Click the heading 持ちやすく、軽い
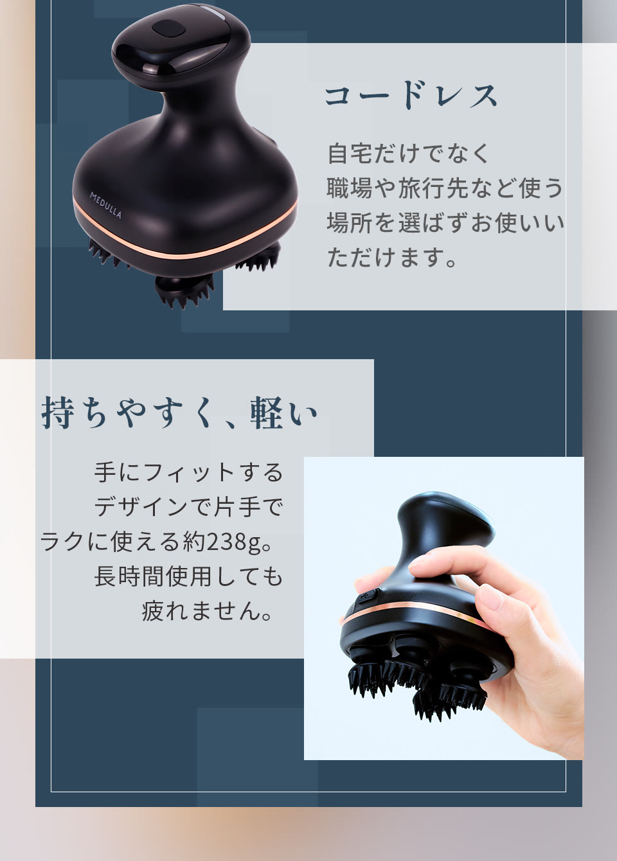coord(180,413)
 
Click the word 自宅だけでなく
coord(409,154)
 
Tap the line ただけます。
coord(392,258)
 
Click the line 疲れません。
coord(208,611)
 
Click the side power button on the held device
coord(368,596)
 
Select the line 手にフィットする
coord(188,472)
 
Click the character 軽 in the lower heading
coord(267,413)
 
